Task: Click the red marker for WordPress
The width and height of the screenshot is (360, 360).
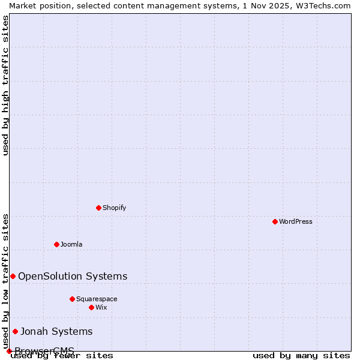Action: point(275,221)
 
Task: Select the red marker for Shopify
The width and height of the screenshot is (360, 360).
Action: point(98,208)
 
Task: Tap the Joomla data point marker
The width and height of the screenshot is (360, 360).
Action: point(56,244)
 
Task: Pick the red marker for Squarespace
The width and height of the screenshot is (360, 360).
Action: point(72,299)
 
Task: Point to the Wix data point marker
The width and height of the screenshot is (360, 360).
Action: point(91,307)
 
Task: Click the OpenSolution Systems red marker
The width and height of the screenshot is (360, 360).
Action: point(13,276)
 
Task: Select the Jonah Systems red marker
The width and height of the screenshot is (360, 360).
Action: point(15,331)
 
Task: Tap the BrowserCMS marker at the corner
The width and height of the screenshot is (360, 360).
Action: point(9,351)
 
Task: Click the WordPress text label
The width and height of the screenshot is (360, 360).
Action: point(296,221)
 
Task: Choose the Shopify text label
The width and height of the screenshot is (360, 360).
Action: point(114,208)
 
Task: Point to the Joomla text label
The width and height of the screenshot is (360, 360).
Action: point(71,244)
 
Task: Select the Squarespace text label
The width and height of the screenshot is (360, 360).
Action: point(97,299)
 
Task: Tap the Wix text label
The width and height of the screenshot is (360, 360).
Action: point(101,307)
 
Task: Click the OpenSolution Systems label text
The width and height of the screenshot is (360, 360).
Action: point(73,276)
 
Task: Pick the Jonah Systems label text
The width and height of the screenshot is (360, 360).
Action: point(56,331)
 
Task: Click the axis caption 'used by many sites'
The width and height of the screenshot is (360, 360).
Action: point(301,355)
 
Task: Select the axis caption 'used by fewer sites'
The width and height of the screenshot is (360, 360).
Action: point(62,355)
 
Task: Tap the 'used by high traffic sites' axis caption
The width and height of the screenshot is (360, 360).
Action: point(5,85)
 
